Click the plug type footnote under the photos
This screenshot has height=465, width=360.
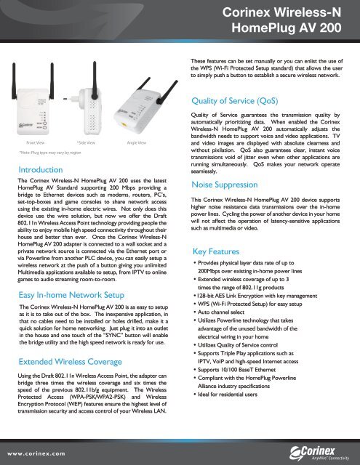pos(45,153)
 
